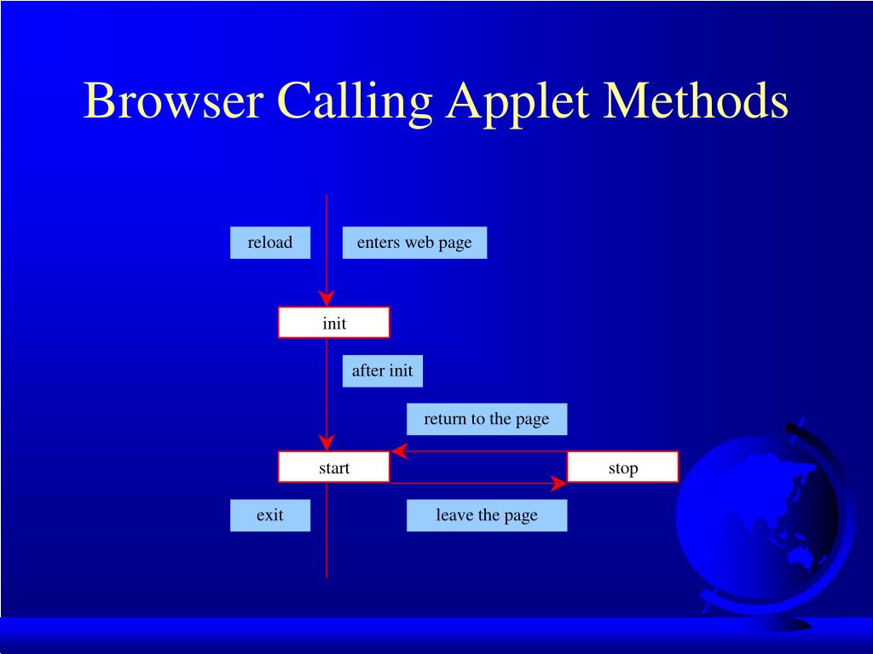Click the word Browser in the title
click(173, 101)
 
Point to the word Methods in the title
click(697, 101)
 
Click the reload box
click(270, 243)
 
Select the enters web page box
click(414, 243)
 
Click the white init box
click(334, 323)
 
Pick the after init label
click(383, 371)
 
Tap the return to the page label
click(487, 419)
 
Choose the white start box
click(334, 468)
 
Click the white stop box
click(623, 468)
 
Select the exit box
click(270, 515)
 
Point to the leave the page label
click(487, 515)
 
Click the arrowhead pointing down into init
click(327, 298)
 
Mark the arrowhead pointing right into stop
click(559, 484)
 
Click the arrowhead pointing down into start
click(327, 443)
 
